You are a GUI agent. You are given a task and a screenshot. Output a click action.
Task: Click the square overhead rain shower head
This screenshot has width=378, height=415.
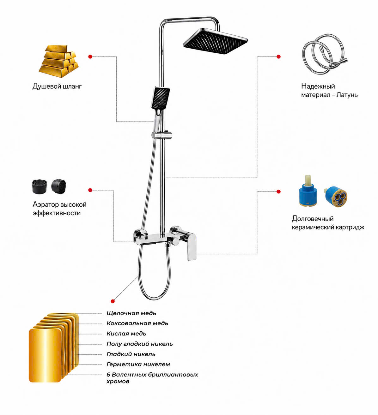click(216, 41)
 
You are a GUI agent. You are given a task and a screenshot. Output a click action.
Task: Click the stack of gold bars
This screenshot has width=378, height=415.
click(59, 62)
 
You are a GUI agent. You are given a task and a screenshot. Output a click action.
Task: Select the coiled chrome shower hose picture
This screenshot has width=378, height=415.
click(324, 54)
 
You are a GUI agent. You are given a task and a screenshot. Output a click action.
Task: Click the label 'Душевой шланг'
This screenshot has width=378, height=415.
click(57, 86)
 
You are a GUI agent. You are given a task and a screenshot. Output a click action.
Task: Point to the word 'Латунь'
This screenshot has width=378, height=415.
click(347, 95)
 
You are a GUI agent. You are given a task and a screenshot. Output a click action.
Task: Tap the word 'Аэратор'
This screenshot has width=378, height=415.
click(46, 205)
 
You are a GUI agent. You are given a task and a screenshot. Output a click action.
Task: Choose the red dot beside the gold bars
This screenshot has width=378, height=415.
click(90, 56)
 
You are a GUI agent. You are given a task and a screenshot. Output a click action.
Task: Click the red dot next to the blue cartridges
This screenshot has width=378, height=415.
click(278, 191)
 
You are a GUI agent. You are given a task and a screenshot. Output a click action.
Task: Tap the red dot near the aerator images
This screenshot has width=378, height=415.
click(90, 190)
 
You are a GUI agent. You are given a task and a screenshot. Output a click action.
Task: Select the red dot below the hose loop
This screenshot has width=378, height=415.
click(113, 301)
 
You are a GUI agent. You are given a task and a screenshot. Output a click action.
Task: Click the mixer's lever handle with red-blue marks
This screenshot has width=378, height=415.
click(192, 246)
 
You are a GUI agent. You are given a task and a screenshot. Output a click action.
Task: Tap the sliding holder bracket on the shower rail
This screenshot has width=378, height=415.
click(162, 135)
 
